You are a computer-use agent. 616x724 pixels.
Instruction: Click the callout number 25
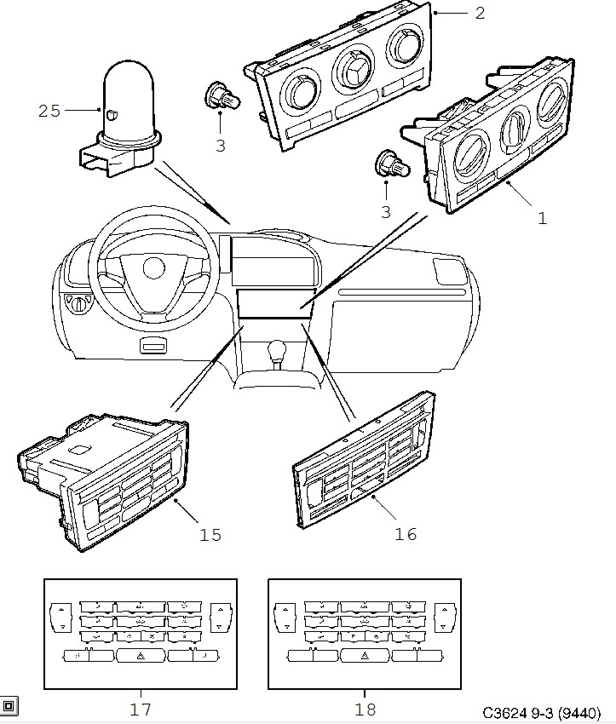click(49, 110)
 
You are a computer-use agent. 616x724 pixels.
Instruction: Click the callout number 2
click(480, 13)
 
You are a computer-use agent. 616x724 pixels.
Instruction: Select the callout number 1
click(542, 217)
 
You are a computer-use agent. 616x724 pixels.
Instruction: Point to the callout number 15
click(210, 534)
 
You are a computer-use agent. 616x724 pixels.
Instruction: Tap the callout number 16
click(406, 534)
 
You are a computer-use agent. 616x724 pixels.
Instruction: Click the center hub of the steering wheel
click(153, 267)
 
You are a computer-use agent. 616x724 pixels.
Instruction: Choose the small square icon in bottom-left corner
click(9, 705)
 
